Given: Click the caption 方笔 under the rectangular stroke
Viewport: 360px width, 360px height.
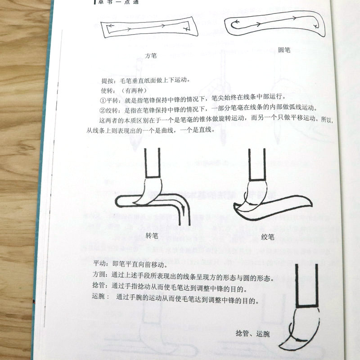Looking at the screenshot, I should (x=151, y=56).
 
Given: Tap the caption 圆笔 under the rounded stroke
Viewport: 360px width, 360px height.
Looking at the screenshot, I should (x=284, y=50).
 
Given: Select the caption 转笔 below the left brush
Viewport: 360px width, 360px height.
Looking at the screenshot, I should (x=153, y=235).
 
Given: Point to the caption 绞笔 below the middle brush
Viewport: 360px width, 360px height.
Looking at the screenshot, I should (x=268, y=238).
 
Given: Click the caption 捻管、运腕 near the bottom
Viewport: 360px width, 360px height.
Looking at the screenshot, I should (x=253, y=333).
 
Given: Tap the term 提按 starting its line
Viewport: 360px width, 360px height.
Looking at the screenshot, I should (x=108, y=81).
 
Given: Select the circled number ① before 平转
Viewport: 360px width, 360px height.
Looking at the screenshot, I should (x=103, y=99).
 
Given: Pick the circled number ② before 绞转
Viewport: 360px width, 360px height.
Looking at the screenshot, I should (x=103, y=109).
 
